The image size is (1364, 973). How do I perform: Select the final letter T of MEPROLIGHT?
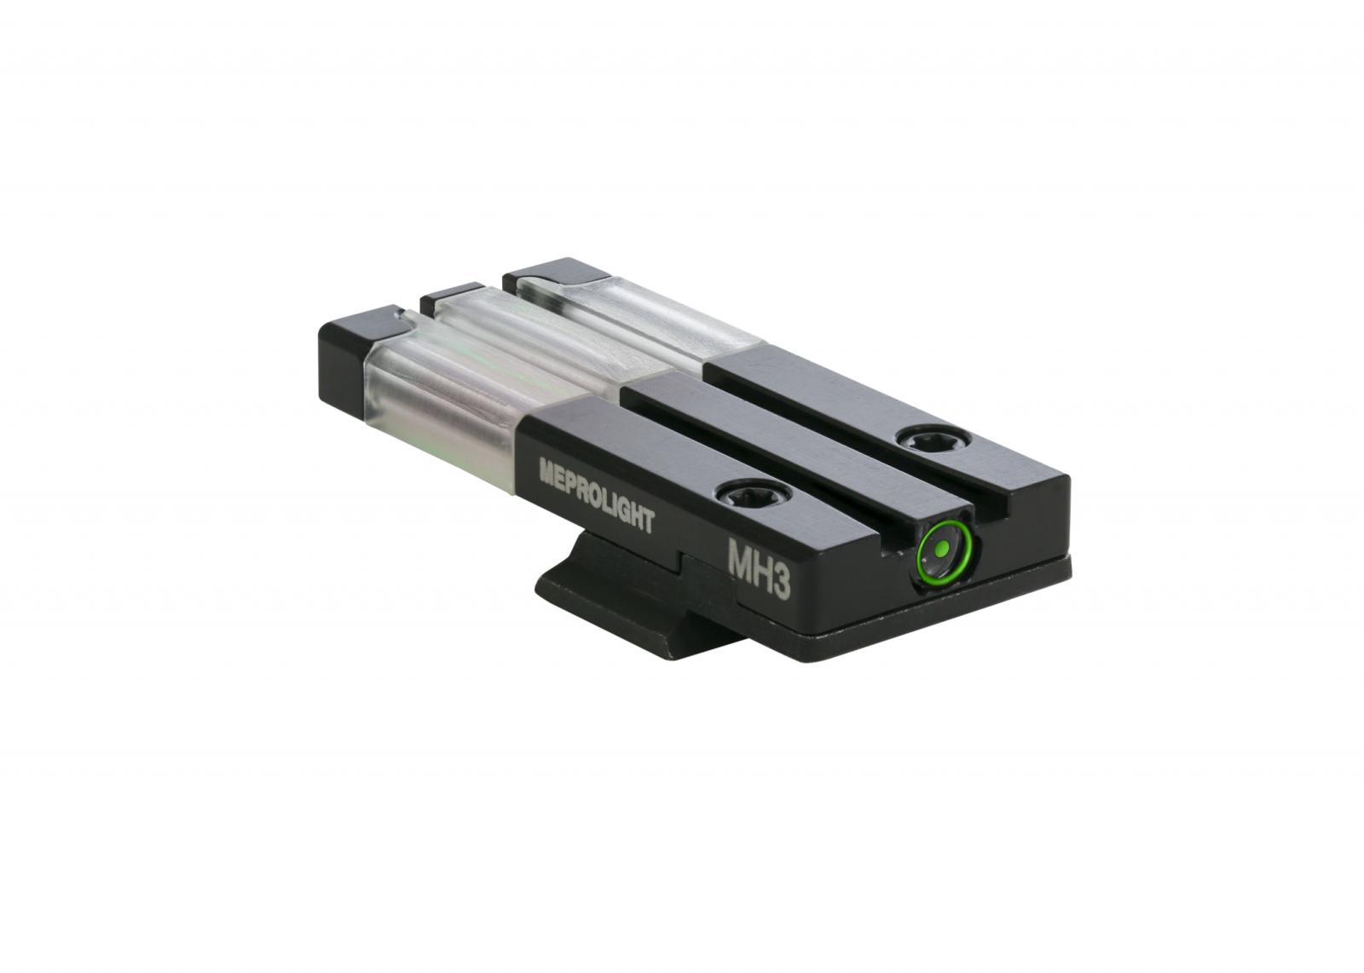pyautogui.click(x=650, y=521)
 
